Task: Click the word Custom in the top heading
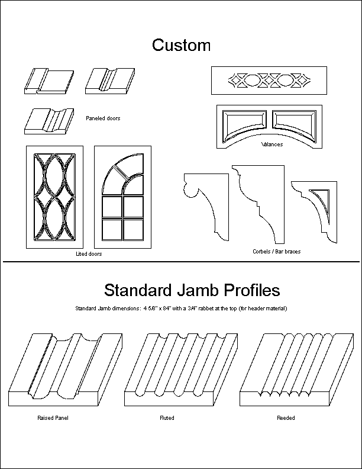182,45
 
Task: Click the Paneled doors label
103,118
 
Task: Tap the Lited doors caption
89,254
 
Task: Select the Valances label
272,144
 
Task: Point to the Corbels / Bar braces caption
277,252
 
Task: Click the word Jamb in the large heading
198,290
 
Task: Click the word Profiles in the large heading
252,290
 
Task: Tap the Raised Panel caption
53,418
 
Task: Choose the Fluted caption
167,418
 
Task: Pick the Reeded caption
286,418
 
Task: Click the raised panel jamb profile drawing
66,370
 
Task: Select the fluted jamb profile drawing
181,370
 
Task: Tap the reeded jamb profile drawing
296,370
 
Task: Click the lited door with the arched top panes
123,197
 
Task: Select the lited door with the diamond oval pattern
54,197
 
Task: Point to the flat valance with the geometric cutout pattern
269,81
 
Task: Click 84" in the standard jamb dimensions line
166,309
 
